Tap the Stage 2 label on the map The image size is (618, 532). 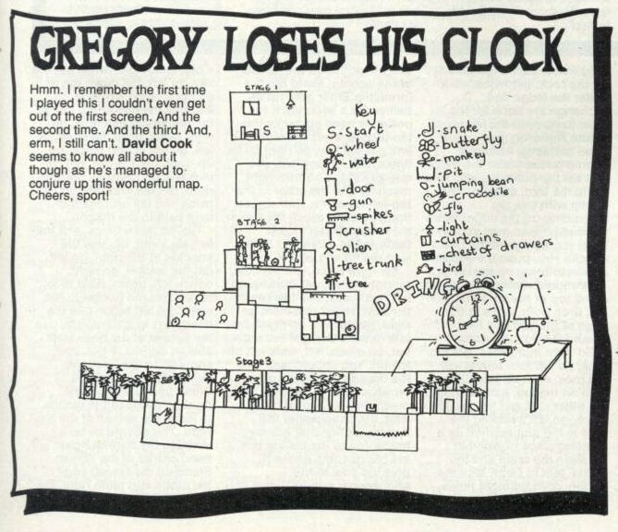pyautogui.click(x=255, y=223)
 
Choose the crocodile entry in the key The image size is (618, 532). pyautogui.click(x=481, y=196)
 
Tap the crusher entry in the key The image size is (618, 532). pyautogui.click(x=360, y=229)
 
